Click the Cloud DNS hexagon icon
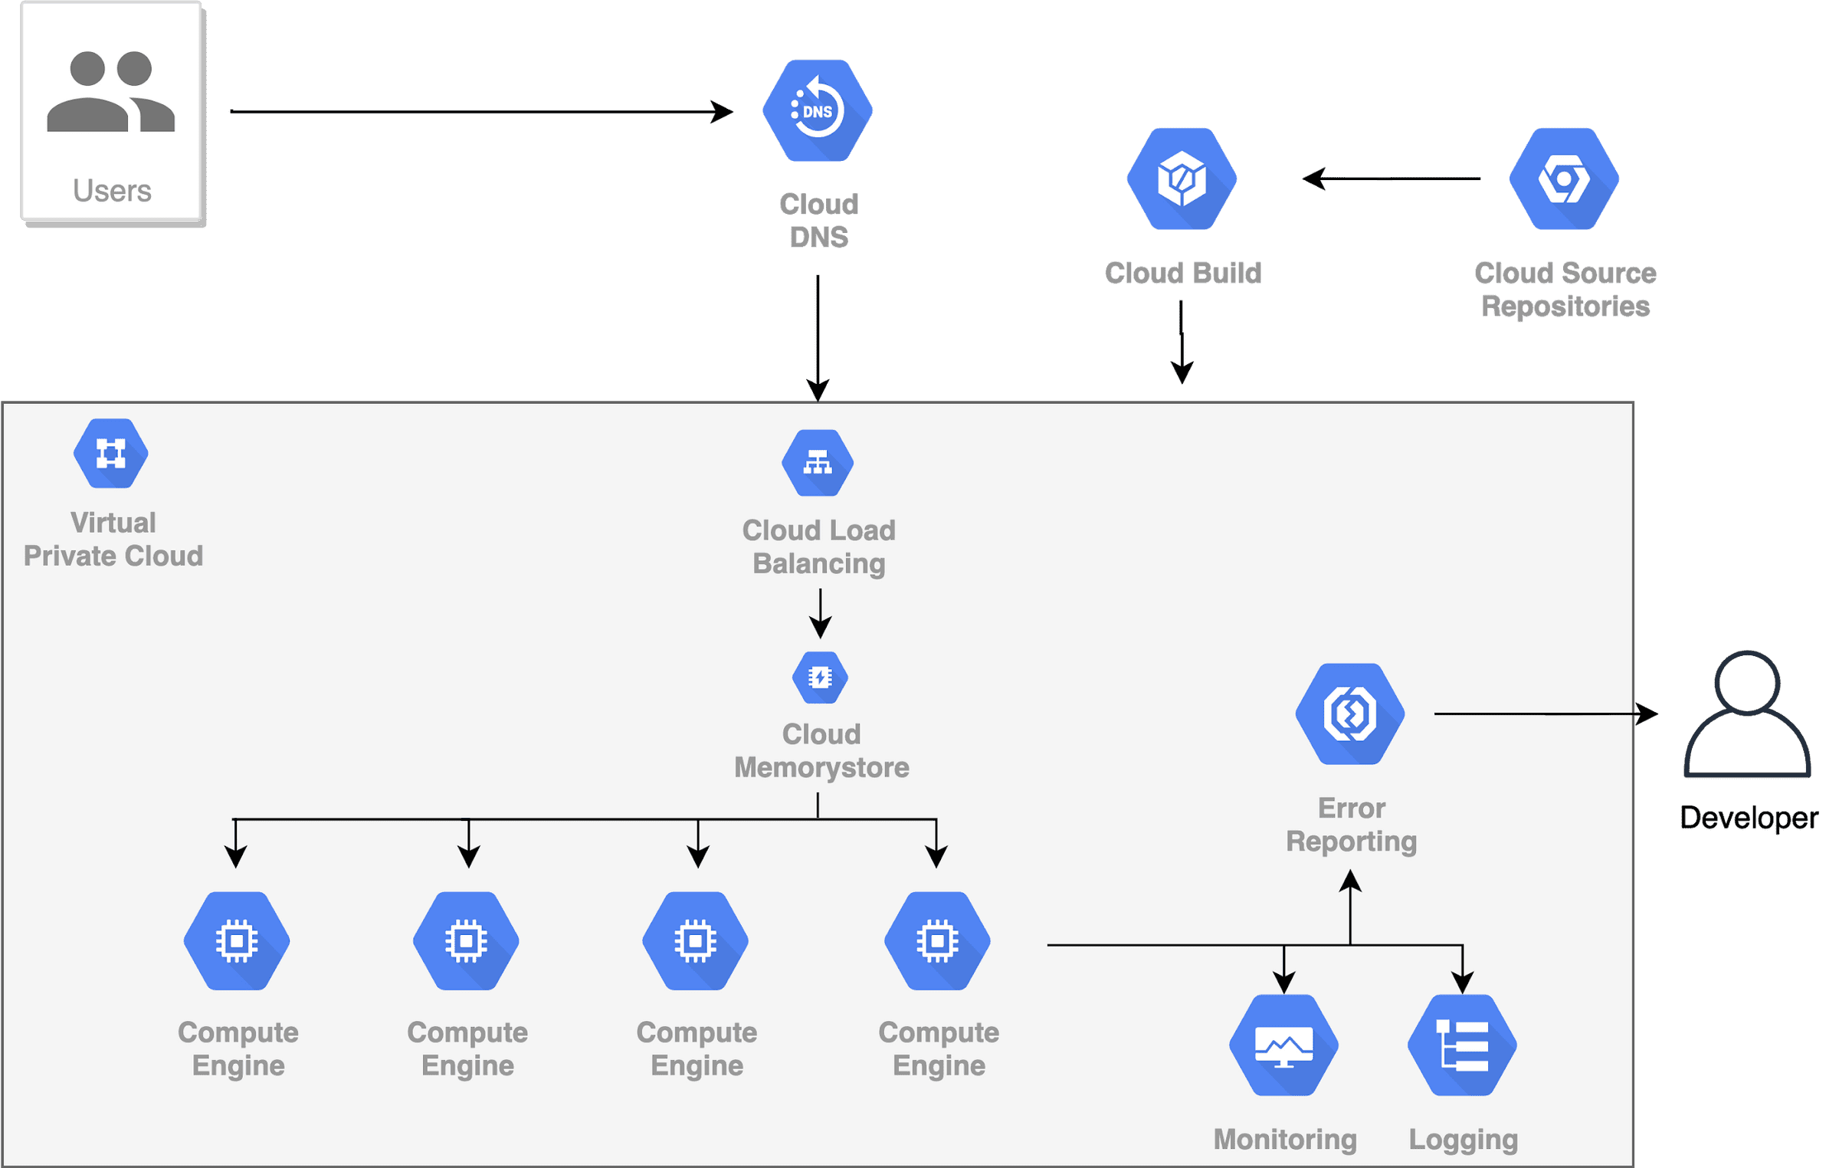[818, 111]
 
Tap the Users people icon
[111, 92]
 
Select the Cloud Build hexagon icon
[1182, 179]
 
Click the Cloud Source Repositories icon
[1564, 179]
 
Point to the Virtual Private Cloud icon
[111, 454]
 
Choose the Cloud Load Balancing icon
[818, 463]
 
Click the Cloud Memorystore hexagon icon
[820, 678]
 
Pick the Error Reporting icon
[1350, 714]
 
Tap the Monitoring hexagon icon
[1283, 1045]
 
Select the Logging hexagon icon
[1462, 1045]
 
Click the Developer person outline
[1747, 717]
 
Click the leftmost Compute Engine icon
[237, 941]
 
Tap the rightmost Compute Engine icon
[937, 941]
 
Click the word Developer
[1749, 818]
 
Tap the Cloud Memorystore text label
[821, 751]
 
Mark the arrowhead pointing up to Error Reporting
[1350, 881]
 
